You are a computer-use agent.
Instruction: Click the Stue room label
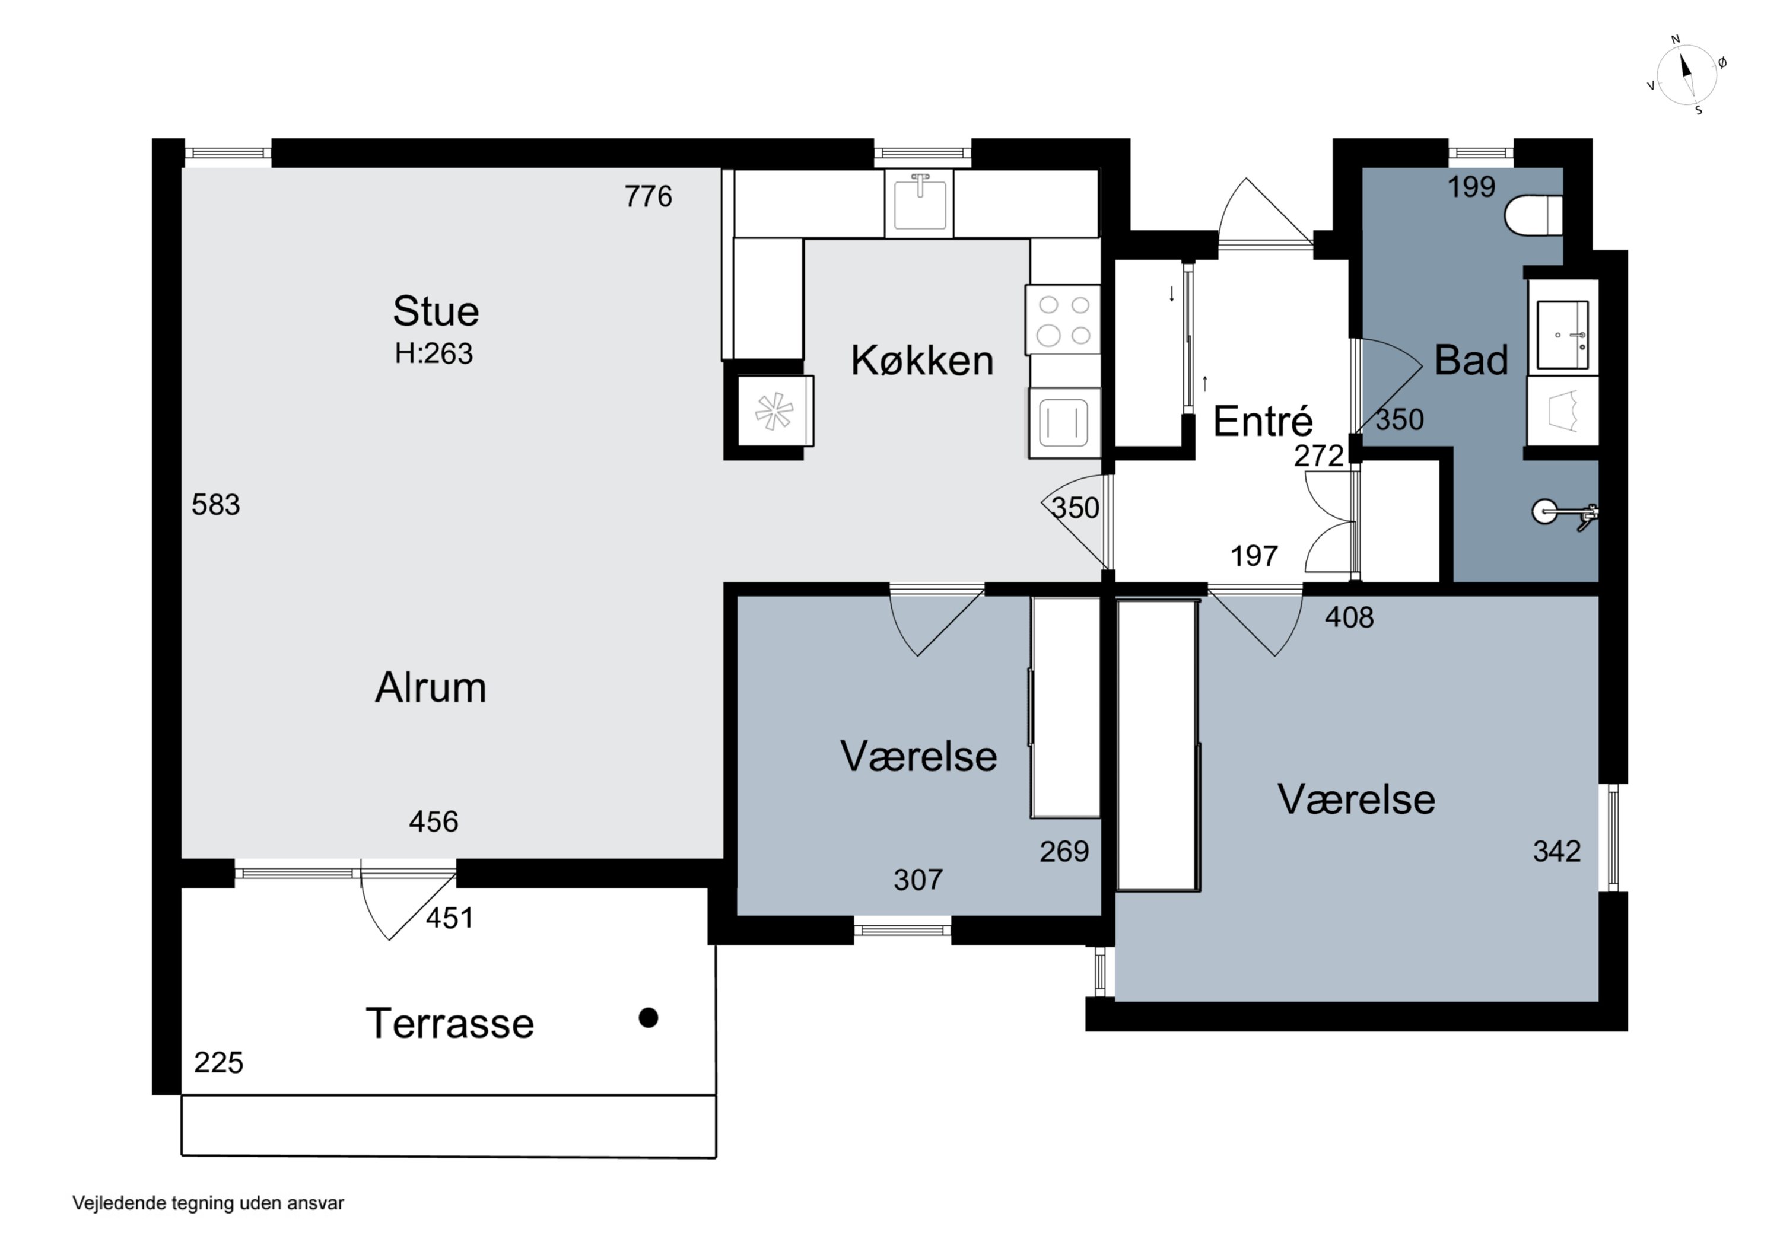pyautogui.click(x=436, y=311)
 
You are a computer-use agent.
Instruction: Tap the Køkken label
pyautogui.click(x=922, y=361)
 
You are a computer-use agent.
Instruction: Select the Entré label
pyautogui.click(x=1263, y=421)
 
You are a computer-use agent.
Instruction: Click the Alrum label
pyautogui.click(x=430, y=687)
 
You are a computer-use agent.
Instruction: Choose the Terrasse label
pyautogui.click(x=450, y=1023)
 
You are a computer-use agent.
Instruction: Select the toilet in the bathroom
pyautogui.click(x=1533, y=215)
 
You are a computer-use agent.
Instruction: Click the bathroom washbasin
pyautogui.click(x=1563, y=335)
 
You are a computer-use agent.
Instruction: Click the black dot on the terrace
pyautogui.click(x=648, y=1018)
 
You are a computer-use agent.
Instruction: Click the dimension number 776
pyautogui.click(x=648, y=196)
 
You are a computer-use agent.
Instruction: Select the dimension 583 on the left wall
pyautogui.click(x=215, y=505)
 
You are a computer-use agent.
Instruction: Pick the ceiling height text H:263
pyautogui.click(x=433, y=353)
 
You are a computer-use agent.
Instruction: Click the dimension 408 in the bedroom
pyautogui.click(x=1349, y=617)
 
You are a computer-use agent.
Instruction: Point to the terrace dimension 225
pyautogui.click(x=218, y=1062)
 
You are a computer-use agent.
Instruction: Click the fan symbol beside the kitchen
pyautogui.click(x=774, y=411)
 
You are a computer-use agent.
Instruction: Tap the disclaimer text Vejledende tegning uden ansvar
pyautogui.click(x=208, y=1203)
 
